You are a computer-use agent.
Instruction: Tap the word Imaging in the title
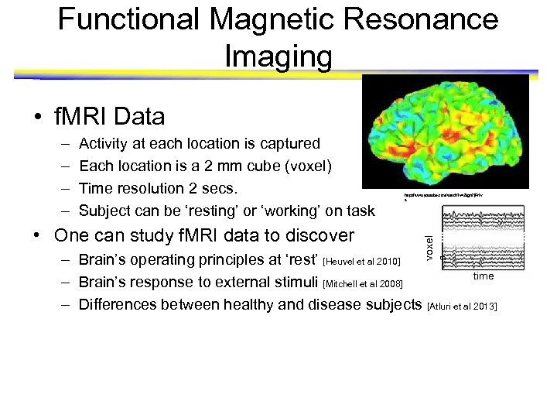pyautogui.click(x=278, y=55)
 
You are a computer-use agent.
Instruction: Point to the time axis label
pyautogui.click(x=484, y=276)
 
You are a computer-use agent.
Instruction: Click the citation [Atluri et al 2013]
pyautogui.click(x=462, y=307)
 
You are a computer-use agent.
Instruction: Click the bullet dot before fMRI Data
pyautogui.click(x=37, y=118)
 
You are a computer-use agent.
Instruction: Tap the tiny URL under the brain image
pyautogui.click(x=425, y=197)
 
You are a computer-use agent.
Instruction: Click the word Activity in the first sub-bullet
pyautogui.click(x=105, y=143)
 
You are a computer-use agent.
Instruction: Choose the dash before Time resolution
pyautogui.click(x=61, y=188)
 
